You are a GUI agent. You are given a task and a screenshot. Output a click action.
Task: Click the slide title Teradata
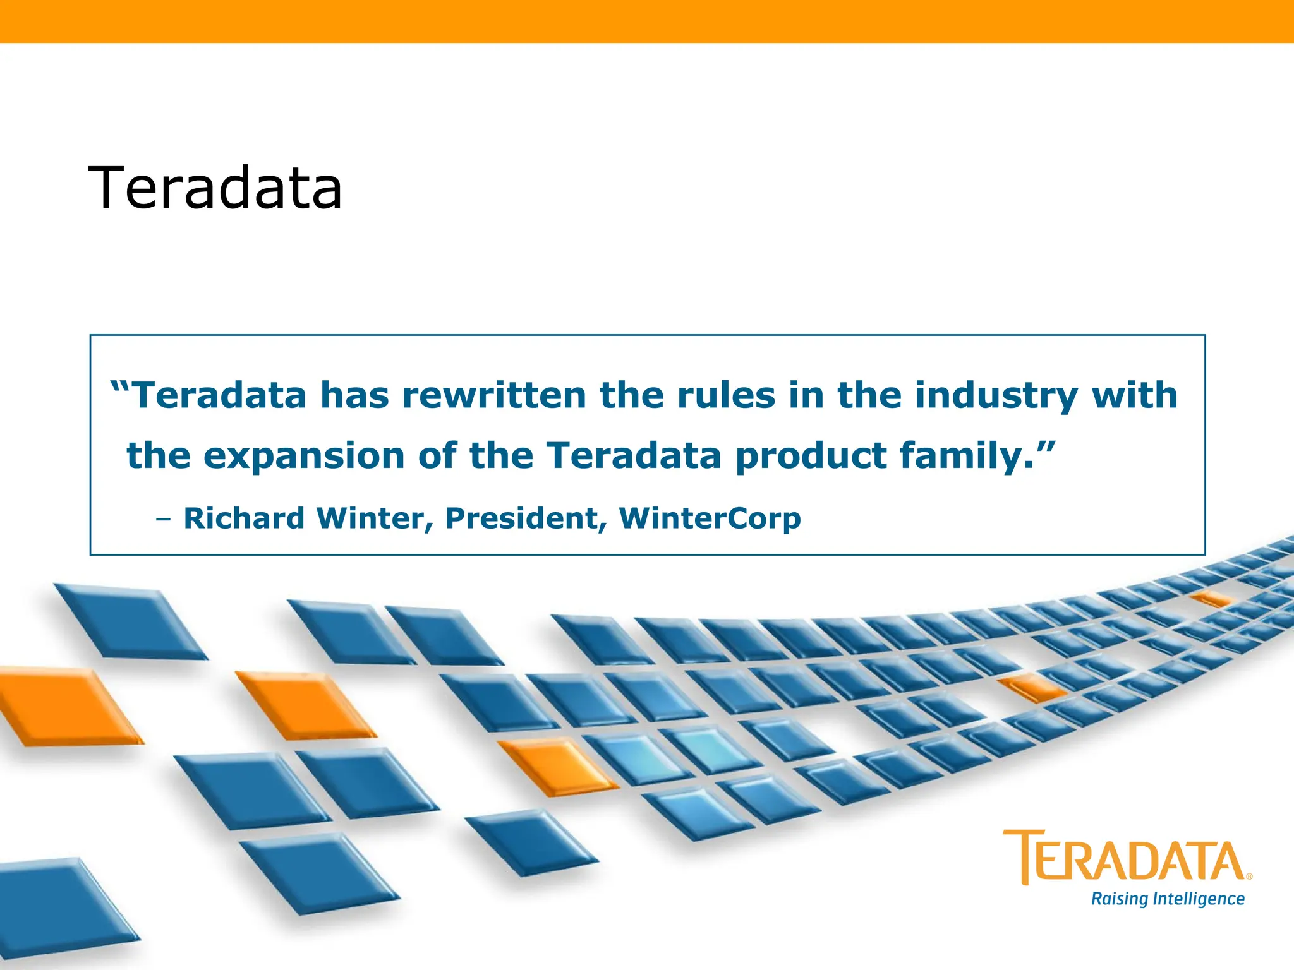click(x=215, y=188)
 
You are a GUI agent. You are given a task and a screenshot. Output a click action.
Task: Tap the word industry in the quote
click(x=996, y=397)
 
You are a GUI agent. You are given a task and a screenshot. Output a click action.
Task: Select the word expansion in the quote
click(x=303, y=457)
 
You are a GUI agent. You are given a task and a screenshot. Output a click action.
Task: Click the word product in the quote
click(x=811, y=457)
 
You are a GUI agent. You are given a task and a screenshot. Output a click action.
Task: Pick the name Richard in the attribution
click(x=244, y=518)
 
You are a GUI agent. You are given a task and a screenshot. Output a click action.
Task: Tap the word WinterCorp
click(x=710, y=518)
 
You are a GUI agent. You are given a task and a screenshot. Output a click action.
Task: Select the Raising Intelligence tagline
click(x=1168, y=899)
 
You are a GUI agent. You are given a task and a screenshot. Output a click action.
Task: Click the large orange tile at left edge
click(x=63, y=706)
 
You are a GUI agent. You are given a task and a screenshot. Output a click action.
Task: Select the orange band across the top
click(x=647, y=21)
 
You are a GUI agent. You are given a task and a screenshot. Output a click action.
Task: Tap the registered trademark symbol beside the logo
click(x=1249, y=877)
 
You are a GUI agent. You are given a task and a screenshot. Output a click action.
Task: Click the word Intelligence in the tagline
click(x=1198, y=899)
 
